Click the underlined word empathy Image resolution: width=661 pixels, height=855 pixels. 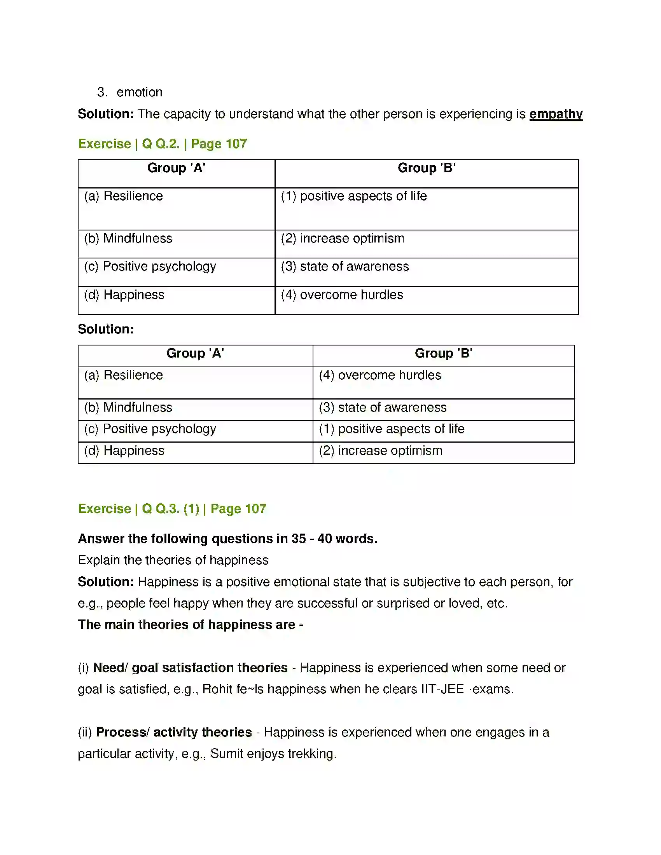click(556, 114)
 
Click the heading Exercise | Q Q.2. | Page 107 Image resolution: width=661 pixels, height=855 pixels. click(163, 144)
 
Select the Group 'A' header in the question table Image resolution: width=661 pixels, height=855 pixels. click(176, 168)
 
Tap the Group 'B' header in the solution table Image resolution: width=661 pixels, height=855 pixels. click(443, 353)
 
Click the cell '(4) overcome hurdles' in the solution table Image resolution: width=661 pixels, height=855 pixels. click(380, 375)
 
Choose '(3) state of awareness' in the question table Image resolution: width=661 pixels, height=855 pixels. click(344, 266)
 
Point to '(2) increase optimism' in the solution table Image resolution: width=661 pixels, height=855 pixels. click(380, 450)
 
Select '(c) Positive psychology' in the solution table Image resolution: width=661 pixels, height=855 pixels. click(150, 429)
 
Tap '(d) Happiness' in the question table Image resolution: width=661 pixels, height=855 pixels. click(124, 295)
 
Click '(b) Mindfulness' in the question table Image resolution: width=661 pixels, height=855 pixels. click(128, 238)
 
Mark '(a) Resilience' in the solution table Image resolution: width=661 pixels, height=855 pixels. click(123, 375)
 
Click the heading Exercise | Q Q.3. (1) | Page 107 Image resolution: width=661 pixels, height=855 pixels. click(172, 509)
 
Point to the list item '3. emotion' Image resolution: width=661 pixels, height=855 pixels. click(129, 92)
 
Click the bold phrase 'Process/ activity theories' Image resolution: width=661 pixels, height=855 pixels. click(173, 732)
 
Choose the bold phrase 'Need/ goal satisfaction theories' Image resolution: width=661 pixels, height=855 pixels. click(190, 667)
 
